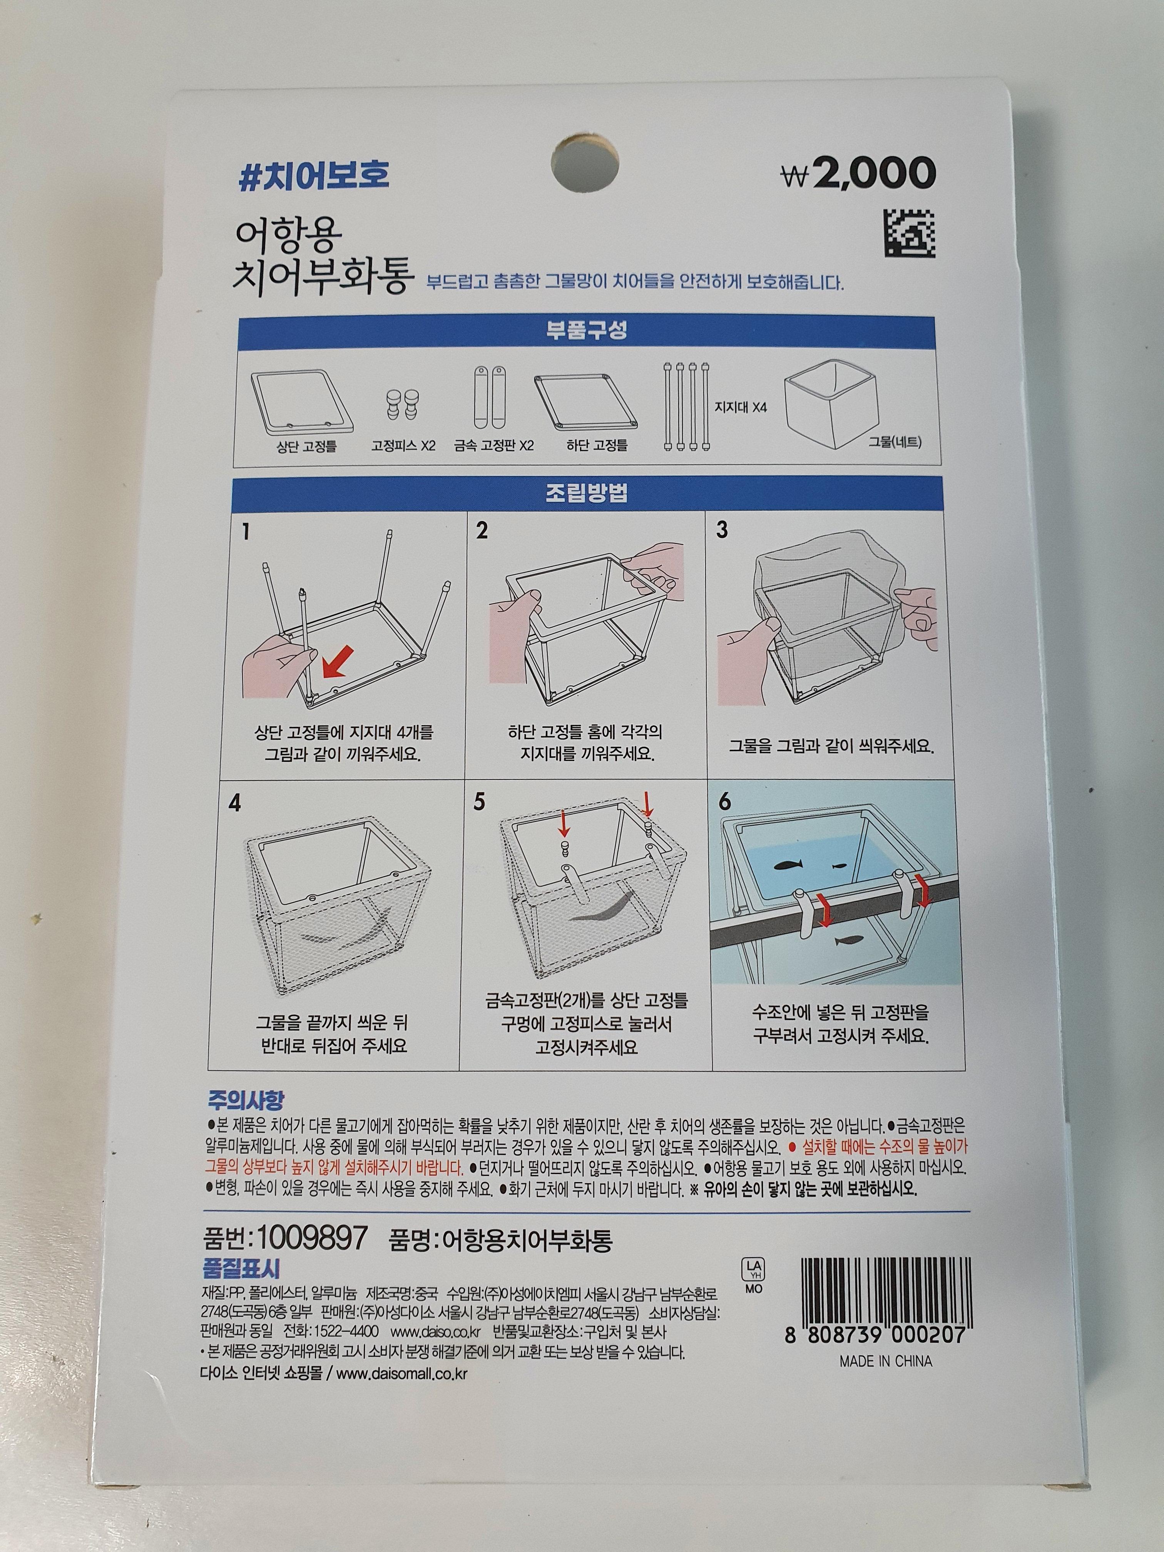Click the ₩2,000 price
pos(858,172)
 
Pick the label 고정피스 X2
pos(403,445)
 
